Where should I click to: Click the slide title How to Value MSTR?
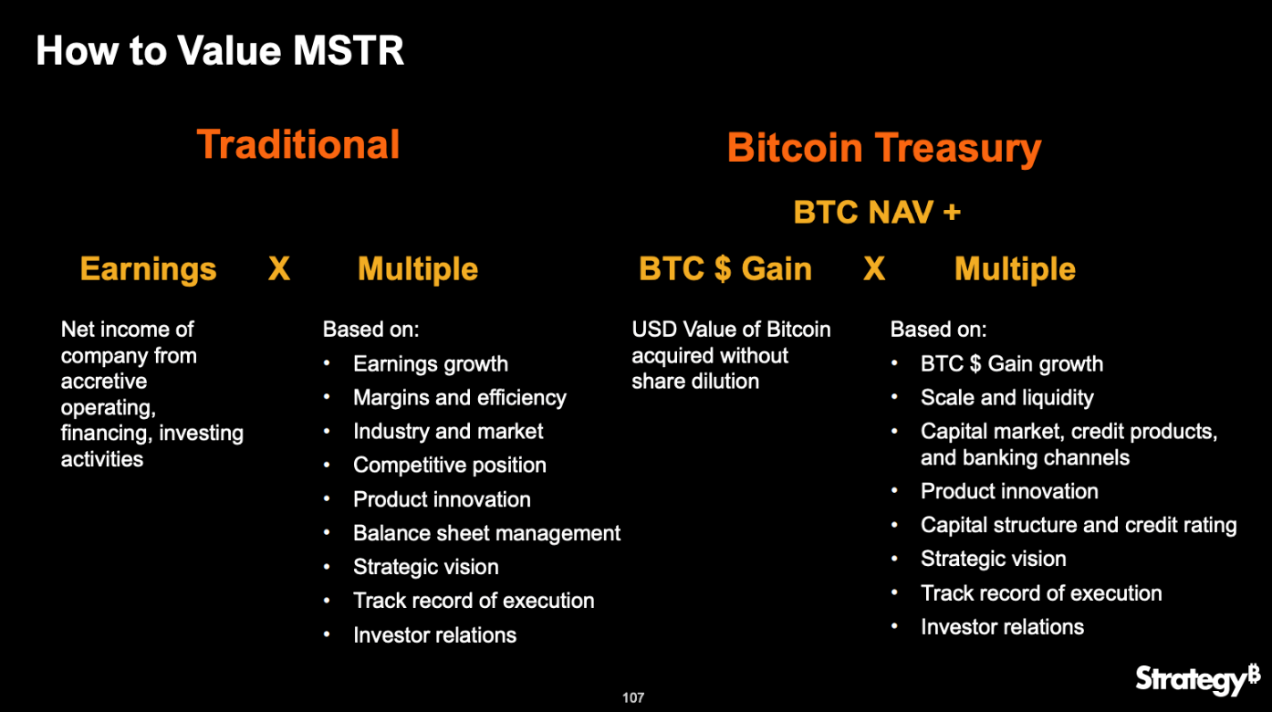click(220, 50)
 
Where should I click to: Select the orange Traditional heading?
click(298, 144)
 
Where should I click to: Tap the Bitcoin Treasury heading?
click(884, 149)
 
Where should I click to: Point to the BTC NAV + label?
click(877, 212)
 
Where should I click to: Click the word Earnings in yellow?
click(148, 269)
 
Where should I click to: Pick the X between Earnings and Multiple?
click(279, 268)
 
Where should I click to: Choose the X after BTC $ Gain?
click(874, 268)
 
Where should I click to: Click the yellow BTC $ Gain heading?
click(725, 268)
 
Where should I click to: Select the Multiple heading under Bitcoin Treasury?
click(1015, 268)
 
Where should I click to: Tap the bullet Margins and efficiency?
click(459, 398)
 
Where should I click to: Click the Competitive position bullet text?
click(450, 466)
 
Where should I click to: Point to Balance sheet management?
click(486, 533)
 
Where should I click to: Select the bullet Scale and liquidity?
click(1006, 398)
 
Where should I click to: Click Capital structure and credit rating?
click(1079, 525)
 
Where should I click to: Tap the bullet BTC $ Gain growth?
click(1012, 363)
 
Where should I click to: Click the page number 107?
click(633, 697)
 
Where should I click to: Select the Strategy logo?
click(1198, 679)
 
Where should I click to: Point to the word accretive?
click(104, 382)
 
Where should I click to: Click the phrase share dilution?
click(695, 382)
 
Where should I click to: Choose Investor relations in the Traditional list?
click(435, 635)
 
